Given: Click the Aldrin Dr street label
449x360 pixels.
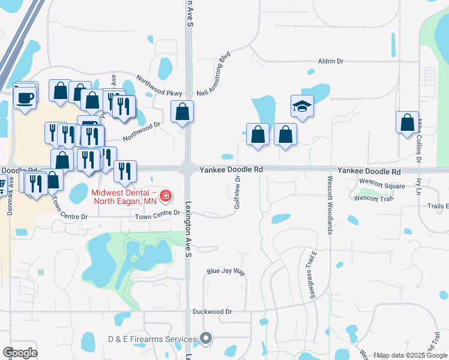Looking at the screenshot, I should (331, 61).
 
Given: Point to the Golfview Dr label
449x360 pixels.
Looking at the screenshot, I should (238, 192).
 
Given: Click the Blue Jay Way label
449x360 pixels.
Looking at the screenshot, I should (226, 272).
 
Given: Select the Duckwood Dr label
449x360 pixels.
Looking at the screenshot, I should (212, 311).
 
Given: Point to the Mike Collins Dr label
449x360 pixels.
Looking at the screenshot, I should (420, 141).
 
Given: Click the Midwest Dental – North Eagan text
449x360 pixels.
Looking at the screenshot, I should (123, 196).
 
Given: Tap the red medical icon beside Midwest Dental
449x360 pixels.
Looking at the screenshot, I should (165, 196).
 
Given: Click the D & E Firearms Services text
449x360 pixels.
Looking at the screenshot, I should (152, 340).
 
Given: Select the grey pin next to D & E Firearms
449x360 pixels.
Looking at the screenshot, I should (206, 340).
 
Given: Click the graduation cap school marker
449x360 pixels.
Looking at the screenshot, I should (303, 107).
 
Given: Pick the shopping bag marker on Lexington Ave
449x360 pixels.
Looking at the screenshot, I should (182, 112).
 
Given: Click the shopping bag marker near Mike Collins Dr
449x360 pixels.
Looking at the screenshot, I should (408, 122).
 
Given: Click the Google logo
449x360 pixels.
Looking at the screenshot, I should (20, 353).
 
